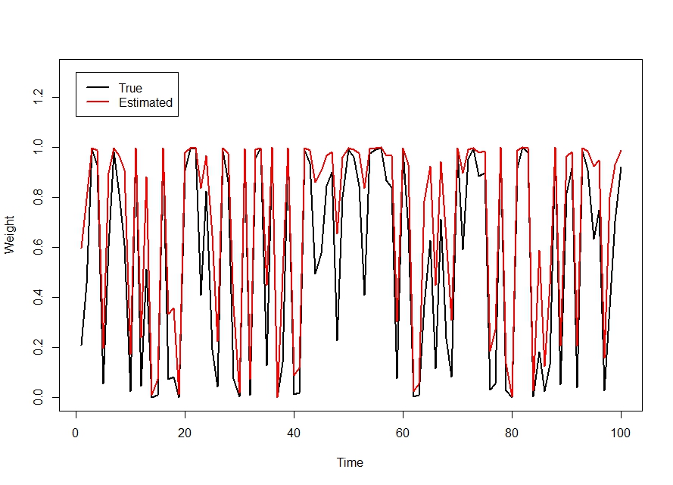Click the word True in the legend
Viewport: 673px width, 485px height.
point(130,88)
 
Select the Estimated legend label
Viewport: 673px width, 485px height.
point(145,102)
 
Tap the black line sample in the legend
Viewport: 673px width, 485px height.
point(98,87)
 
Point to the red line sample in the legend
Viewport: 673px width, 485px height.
point(98,102)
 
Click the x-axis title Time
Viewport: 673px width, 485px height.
point(350,463)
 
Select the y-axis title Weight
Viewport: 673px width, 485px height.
point(9,235)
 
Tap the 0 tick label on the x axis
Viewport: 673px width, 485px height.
point(76,433)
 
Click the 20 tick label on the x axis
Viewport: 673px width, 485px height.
point(185,433)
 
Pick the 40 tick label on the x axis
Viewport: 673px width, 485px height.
point(294,433)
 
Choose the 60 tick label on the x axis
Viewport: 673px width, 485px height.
point(403,433)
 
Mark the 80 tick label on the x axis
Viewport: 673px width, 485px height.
point(512,433)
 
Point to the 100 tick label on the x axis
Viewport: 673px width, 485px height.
point(621,433)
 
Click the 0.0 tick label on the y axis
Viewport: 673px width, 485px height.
point(38,397)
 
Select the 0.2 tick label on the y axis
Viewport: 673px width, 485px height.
point(38,347)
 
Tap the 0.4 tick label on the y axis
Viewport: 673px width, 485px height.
point(38,297)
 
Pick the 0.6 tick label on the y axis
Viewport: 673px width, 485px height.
point(38,248)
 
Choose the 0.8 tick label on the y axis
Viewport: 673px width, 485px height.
point(38,197)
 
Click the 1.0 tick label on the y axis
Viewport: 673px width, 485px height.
point(38,147)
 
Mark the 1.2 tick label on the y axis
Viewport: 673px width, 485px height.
point(38,98)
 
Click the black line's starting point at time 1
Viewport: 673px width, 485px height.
point(81,345)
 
